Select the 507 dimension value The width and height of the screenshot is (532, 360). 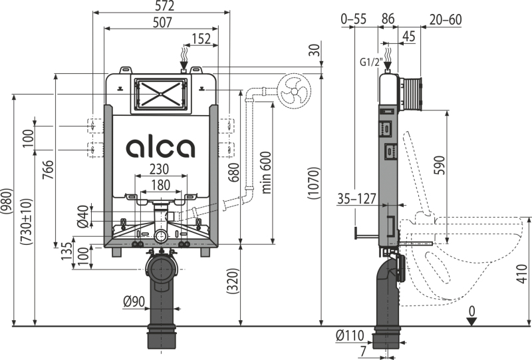coord(162,23)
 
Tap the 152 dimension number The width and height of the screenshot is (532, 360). coord(201,39)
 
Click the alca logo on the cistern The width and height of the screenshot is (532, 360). coord(161,148)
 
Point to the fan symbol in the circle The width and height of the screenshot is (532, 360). coord(294,91)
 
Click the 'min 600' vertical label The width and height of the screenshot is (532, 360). coord(267,172)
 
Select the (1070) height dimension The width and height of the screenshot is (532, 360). coord(314,183)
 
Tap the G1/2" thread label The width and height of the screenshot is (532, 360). coord(372,63)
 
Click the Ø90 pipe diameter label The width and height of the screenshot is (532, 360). coord(134,301)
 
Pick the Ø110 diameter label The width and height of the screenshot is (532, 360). coord(350,335)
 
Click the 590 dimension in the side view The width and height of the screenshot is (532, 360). coord(440,165)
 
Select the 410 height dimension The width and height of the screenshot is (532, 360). coord(522,273)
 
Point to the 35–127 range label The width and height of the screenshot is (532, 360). coord(356,199)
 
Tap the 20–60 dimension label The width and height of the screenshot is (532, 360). coord(446,19)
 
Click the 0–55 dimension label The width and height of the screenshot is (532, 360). coord(354,19)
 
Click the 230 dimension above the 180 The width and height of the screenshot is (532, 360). coord(159,169)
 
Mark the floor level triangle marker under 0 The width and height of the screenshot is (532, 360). coord(471,321)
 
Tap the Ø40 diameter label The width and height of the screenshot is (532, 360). coord(82,216)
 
